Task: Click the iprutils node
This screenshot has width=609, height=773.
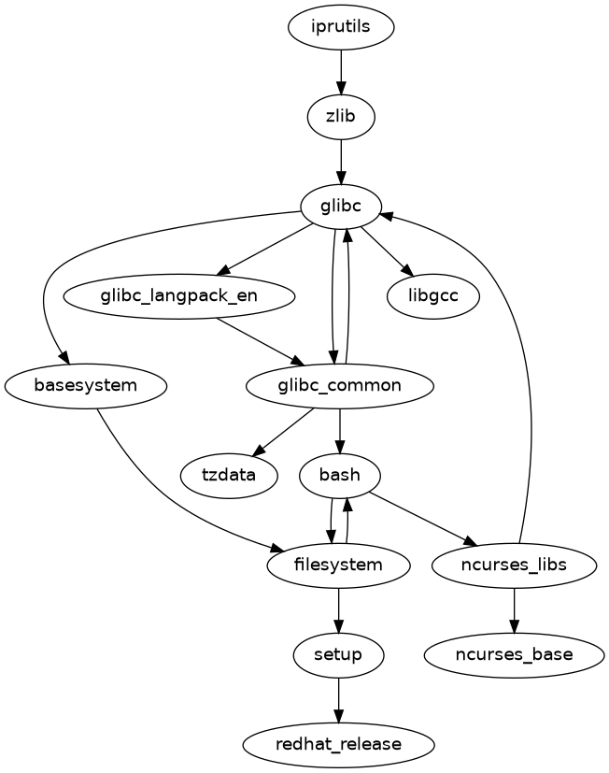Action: coord(341,27)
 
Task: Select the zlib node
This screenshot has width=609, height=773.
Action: coord(341,117)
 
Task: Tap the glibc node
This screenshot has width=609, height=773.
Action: coord(341,207)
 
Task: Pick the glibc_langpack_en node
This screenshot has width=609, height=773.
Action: coord(179,296)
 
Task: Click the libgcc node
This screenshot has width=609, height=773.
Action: coord(432,296)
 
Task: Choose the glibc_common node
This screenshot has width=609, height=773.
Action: coord(339,385)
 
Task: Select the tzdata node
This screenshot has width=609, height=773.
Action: coord(229,475)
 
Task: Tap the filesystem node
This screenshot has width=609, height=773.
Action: coord(338,565)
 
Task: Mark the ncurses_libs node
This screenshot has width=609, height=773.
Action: coord(514,565)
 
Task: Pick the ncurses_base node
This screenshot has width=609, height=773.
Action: coord(514,654)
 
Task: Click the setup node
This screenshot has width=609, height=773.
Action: coord(338,654)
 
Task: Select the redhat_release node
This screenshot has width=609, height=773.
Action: coord(338,744)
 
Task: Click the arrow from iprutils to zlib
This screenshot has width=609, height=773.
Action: coord(341,72)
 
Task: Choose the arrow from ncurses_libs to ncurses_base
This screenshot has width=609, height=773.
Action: coord(514,609)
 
